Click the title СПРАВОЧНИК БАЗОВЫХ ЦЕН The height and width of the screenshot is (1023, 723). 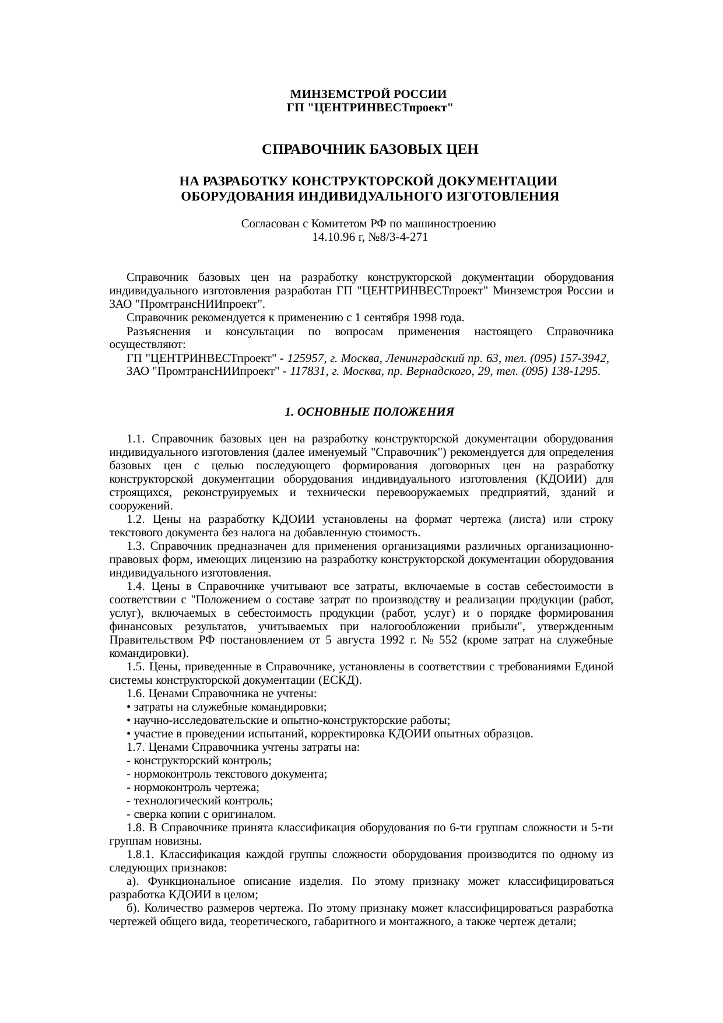coord(370,150)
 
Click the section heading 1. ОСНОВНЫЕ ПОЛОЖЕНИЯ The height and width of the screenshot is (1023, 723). coord(369,412)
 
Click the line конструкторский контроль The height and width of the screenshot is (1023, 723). coord(198,761)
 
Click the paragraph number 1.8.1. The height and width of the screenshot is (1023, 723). coord(140,855)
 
